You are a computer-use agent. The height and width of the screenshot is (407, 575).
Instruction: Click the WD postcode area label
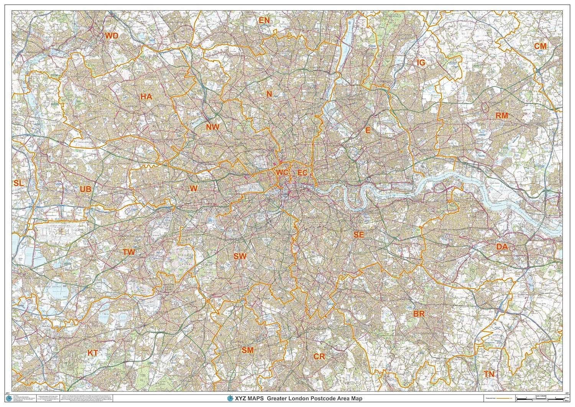(x=112, y=36)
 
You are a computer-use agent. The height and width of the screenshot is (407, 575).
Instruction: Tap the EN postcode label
(x=264, y=20)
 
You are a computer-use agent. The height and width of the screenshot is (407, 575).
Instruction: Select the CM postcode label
(x=540, y=46)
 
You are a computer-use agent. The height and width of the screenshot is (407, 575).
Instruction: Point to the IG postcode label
(x=421, y=63)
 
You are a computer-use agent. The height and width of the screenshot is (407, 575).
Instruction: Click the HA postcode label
(x=146, y=97)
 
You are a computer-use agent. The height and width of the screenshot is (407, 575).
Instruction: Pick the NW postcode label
(x=213, y=127)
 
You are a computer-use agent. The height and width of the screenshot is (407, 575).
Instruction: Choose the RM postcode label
(x=502, y=115)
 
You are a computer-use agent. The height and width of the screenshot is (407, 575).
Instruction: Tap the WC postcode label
(x=282, y=173)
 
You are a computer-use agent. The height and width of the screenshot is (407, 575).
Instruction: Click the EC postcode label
(x=302, y=173)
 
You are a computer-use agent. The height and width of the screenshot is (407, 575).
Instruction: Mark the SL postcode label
(x=18, y=183)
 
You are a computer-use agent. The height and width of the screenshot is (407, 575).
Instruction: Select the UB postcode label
(x=85, y=189)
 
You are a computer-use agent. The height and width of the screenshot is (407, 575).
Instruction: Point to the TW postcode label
(x=129, y=252)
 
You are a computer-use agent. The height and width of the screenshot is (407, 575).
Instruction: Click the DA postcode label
(x=502, y=247)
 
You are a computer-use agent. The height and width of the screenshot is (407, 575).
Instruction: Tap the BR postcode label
(x=419, y=314)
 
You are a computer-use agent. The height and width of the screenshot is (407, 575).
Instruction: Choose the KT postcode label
(x=93, y=353)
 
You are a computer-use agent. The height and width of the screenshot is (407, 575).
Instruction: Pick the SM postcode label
(x=248, y=350)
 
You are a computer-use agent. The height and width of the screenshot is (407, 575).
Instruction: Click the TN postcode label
(x=489, y=374)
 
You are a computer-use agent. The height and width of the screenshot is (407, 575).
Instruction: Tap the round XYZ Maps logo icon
(x=230, y=399)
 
